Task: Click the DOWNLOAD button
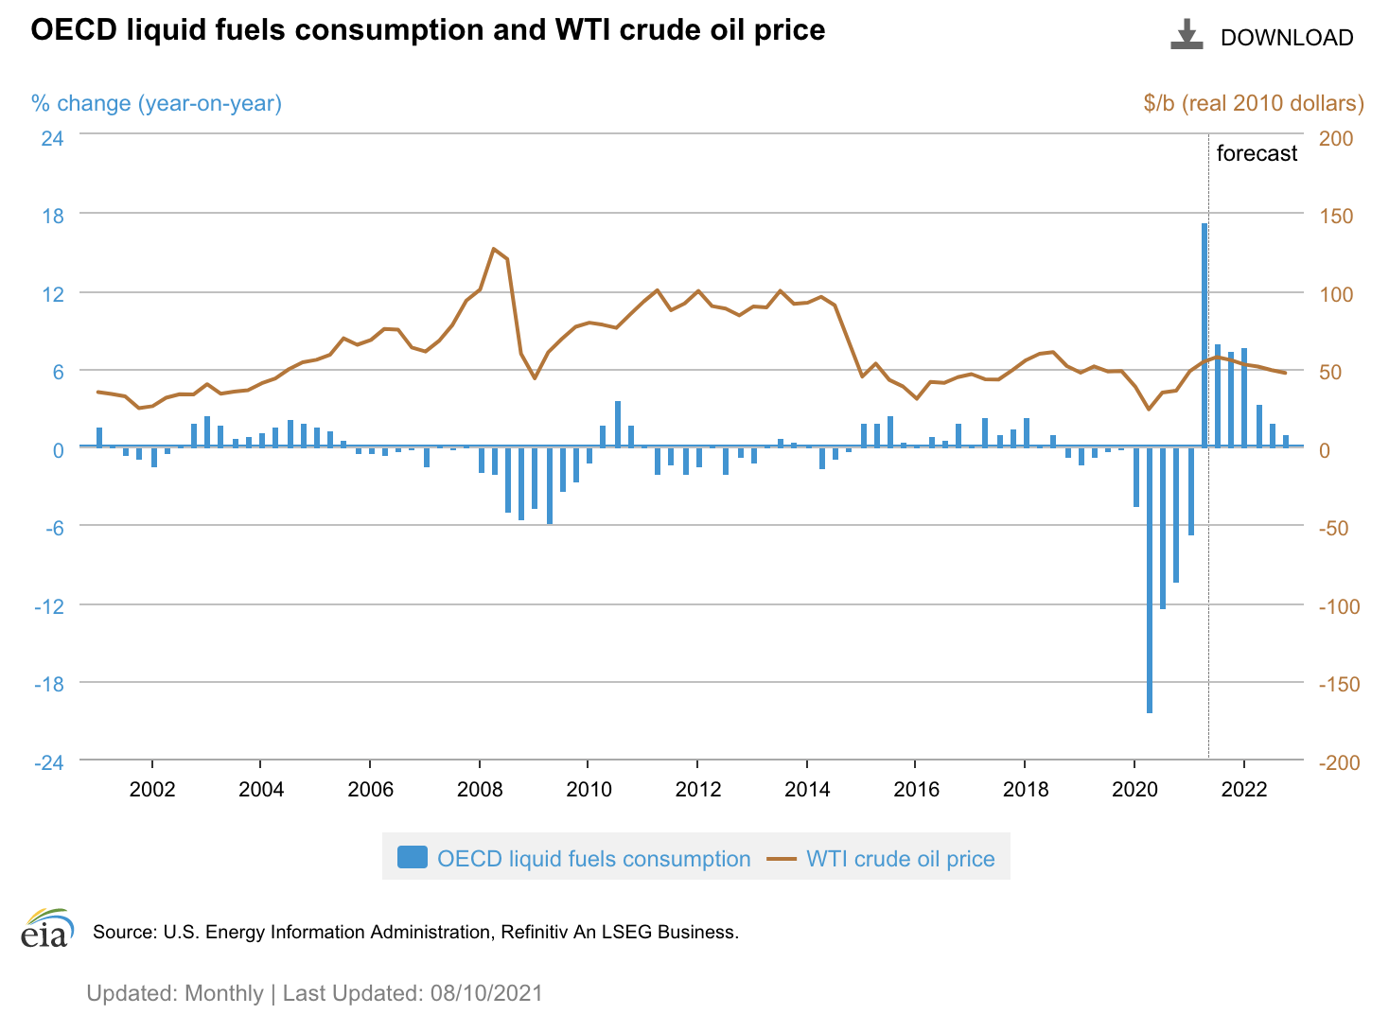click(x=1262, y=37)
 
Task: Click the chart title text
click(x=428, y=30)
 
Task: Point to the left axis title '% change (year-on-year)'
click(x=156, y=103)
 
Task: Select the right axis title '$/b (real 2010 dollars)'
click(x=1254, y=103)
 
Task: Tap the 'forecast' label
click(x=1257, y=153)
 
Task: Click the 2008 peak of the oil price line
click(x=494, y=249)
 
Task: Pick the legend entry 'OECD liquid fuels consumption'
click(x=574, y=858)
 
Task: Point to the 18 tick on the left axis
click(x=53, y=216)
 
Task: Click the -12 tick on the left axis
click(x=49, y=605)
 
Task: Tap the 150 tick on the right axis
click(x=1336, y=216)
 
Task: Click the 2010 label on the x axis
click(x=589, y=789)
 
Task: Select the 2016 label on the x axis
click(x=916, y=789)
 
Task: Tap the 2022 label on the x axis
click(x=1243, y=789)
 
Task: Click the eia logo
click(x=45, y=929)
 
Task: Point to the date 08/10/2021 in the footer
click(x=486, y=993)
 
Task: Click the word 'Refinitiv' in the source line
click(x=535, y=932)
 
